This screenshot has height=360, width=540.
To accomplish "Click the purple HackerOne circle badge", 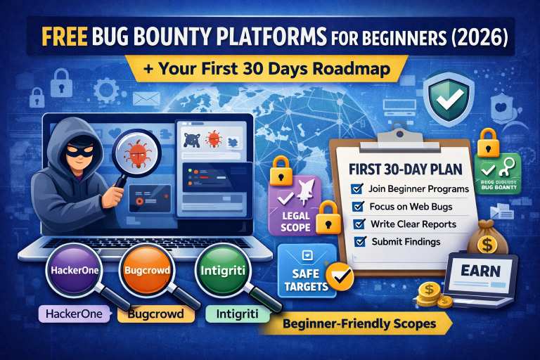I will [67, 269].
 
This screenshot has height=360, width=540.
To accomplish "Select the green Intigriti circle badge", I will [221, 269].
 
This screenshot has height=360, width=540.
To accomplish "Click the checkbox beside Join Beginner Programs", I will [356, 188].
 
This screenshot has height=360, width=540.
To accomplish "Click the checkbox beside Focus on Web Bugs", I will [358, 207].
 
